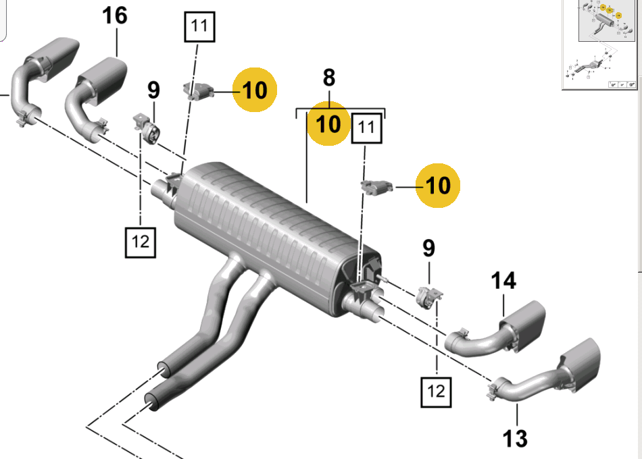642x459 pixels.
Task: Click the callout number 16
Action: [x=115, y=16]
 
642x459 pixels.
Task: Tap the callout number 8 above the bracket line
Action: [x=329, y=78]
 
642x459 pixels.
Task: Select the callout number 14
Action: [x=503, y=281]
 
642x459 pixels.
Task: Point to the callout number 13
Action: [x=515, y=438]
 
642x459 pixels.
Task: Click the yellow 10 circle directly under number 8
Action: [x=328, y=124]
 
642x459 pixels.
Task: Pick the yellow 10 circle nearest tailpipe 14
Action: [x=438, y=186]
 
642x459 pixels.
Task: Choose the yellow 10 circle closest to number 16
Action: [x=255, y=90]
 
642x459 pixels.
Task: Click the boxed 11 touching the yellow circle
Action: [x=367, y=128]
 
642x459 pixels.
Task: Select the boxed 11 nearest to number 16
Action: [x=199, y=26]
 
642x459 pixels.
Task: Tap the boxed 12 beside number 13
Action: [x=436, y=392]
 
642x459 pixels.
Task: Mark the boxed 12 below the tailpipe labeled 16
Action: [x=141, y=242]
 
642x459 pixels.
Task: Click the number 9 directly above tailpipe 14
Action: [x=428, y=248]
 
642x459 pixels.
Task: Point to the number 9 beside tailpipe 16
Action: [x=153, y=90]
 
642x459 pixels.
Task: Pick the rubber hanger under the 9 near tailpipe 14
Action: [x=430, y=298]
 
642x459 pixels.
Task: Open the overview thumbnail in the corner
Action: [x=601, y=44]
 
